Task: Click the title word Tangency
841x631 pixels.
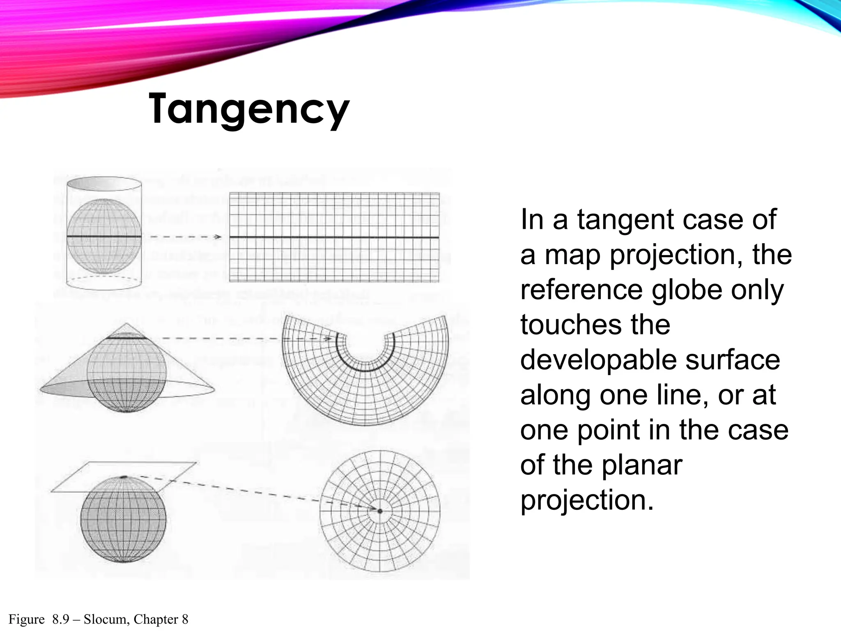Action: coord(249,109)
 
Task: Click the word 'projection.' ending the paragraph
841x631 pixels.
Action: coord(587,500)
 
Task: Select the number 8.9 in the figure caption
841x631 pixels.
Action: coord(61,619)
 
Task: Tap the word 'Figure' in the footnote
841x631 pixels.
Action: coord(27,619)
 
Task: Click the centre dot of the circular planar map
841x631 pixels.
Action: coord(380,511)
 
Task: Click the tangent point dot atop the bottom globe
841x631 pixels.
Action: coord(124,477)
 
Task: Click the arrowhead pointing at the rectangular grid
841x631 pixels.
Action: coord(218,237)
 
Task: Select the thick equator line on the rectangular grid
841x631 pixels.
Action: coord(334,237)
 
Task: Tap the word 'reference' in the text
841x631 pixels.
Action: coord(581,290)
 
